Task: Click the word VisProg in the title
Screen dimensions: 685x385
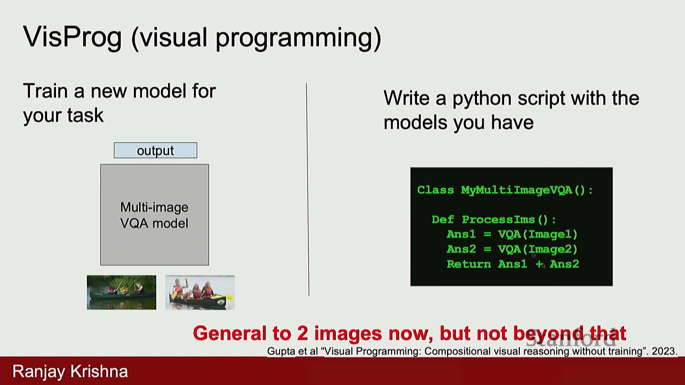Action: pos(72,37)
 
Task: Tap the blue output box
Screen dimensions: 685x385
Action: pos(156,150)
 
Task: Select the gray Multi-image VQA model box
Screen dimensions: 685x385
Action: pos(154,215)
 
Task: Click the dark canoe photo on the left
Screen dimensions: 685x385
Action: pos(121,292)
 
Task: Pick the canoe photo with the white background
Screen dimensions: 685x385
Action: pos(200,292)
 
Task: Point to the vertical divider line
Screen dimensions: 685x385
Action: pos(308,190)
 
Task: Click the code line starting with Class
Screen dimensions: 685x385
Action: pos(505,190)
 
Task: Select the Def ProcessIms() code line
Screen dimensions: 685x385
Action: pos(494,220)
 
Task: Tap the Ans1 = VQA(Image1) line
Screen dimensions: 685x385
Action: pos(512,234)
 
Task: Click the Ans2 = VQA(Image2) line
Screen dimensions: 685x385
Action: pos(512,249)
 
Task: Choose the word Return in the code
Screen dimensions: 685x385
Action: pos(469,264)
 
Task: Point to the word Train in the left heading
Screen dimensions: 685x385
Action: pos(46,91)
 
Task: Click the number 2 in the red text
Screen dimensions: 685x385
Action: pos(302,333)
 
